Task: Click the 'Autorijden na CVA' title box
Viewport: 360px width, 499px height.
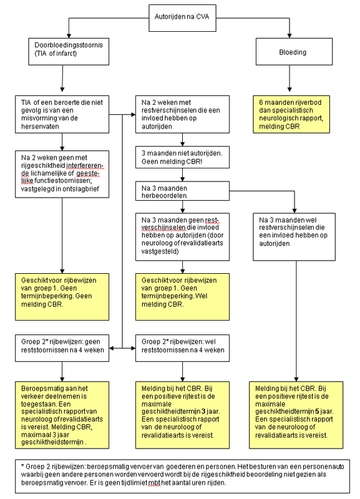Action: tap(182, 18)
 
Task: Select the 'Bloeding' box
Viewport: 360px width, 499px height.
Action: tap(294, 52)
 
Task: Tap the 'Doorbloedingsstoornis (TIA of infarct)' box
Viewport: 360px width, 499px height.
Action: tap(69, 52)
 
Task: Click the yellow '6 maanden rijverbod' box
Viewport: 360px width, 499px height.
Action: tap(291, 114)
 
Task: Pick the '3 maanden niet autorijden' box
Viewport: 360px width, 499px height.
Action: tap(182, 157)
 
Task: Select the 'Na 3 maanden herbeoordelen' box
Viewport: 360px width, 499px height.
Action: tap(182, 191)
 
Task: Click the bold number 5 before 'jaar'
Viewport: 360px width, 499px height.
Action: tap(317, 411)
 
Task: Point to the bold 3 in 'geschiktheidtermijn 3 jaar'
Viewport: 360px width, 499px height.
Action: tap(203, 411)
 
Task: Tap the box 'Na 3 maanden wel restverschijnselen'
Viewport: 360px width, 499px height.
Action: tap(294, 237)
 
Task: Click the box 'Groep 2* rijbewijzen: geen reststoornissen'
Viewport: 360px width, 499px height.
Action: tap(62, 348)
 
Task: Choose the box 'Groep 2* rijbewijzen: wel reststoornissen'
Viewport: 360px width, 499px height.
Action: tap(182, 348)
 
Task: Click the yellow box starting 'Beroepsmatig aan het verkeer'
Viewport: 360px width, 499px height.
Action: tap(62, 415)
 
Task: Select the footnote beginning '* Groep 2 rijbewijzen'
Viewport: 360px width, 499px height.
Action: tap(182, 476)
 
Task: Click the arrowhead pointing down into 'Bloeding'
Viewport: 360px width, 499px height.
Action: tap(289, 36)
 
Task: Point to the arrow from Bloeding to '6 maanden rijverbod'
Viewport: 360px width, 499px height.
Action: tap(289, 79)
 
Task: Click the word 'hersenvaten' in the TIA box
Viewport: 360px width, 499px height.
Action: tap(40, 127)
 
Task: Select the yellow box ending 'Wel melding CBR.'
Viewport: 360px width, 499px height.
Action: tap(182, 297)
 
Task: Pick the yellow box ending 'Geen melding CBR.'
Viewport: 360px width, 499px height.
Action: tap(62, 297)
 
